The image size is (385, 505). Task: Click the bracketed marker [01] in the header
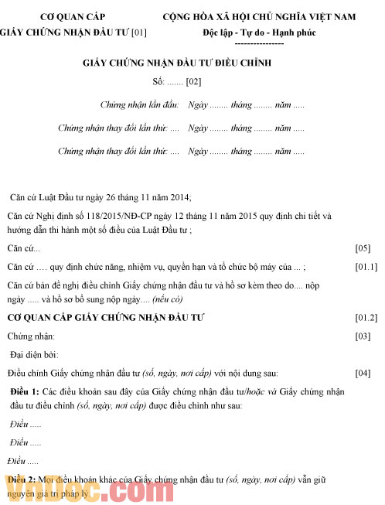(139, 33)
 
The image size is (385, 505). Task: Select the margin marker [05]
(363, 249)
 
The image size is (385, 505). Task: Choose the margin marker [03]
(363, 336)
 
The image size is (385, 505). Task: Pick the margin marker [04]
(363, 374)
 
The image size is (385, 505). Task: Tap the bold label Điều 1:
(27, 391)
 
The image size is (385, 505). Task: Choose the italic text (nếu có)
(167, 299)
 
